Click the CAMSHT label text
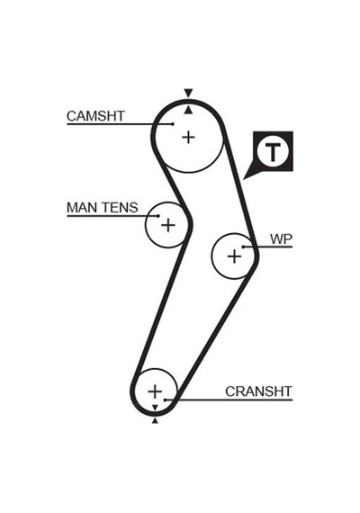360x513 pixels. coord(95,116)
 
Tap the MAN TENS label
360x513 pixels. coord(103,208)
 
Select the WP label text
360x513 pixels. coord(281,239)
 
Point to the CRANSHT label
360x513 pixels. coord(258,391)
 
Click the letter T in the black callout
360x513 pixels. coord(273,152)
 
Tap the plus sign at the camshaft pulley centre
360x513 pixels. coord(188,137)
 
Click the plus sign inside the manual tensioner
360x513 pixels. coord(168,225)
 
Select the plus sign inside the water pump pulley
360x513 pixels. coord(234,256)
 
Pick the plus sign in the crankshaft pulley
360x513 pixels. coord(155,391)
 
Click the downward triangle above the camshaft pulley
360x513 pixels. coord(188,93)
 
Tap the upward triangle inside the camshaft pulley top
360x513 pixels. coord(188,111)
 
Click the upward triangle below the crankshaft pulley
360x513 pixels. coord(155,420)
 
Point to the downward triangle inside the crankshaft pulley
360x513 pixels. coord(155,408)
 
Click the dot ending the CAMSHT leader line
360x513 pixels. coord(173,123)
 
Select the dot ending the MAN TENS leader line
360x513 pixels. coord(158,216)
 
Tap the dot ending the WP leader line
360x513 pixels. coord(243,247)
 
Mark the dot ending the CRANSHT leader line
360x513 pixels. coord(166,400)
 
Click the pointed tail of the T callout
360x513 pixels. coord(244,179)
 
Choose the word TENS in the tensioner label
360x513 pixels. coord(120,208)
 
